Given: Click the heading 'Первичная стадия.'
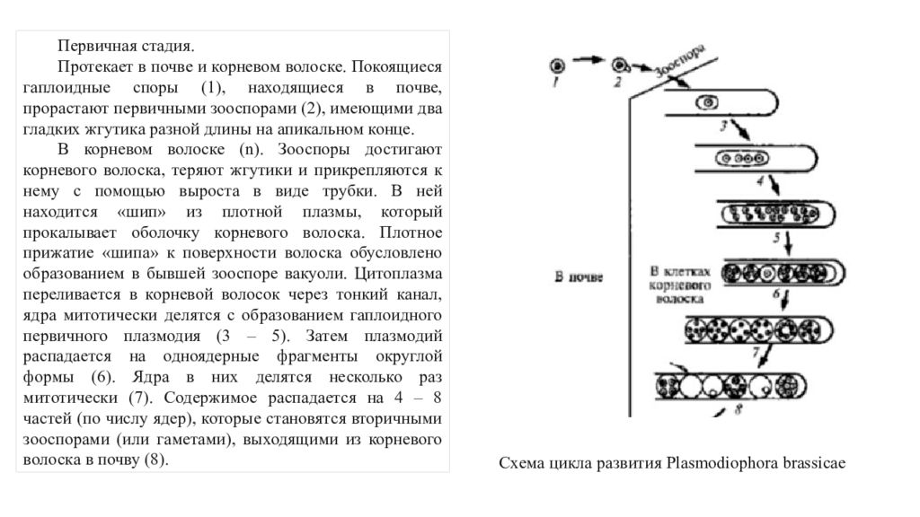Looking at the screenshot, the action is click(126, 46).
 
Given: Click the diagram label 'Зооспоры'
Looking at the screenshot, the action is click(680, 60).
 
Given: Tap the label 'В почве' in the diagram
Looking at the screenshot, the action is click(579, 276).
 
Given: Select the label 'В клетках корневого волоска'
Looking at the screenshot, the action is click(679, 285).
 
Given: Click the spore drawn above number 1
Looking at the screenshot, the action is click(557, 66).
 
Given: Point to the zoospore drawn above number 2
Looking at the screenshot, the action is click(620, 65).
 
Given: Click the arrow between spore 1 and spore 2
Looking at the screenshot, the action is click(588, 59).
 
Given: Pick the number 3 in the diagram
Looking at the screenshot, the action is click(723, 126).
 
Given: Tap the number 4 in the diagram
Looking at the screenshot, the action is click(760, 180).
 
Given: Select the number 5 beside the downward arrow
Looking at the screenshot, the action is click(776, 238).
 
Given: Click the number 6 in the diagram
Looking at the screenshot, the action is click(775, 294).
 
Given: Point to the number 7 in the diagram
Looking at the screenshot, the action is click(756, 352).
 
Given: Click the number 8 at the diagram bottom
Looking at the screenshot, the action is click(739, 409).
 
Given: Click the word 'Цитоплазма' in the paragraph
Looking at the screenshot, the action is click(398, 274).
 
